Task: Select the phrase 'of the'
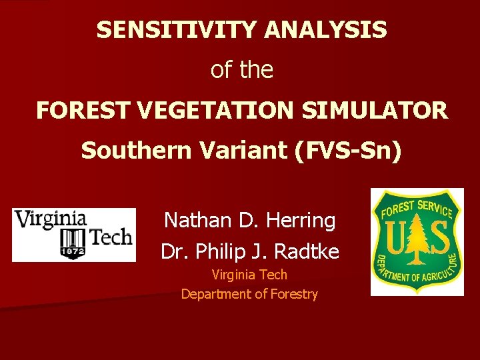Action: [x=241, y=70]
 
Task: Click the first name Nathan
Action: [x=193, y=219]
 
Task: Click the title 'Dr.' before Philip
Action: [x=172, y=251]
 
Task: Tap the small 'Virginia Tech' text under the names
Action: [x=249, y=274]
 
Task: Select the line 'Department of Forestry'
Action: [x=249, y=293]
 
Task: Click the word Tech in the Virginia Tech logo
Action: [x=110, y=237]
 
